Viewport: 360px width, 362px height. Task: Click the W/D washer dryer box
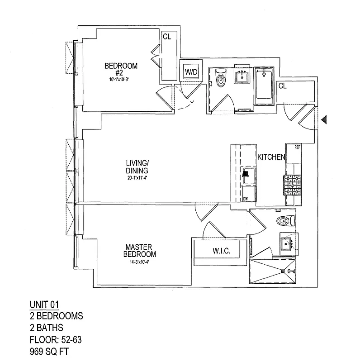(189, 71)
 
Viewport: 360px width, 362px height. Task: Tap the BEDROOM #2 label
(121, 69)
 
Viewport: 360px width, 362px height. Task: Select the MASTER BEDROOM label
(141, 250)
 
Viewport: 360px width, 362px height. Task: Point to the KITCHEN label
(271, 157)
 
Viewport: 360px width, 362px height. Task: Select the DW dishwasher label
(246, 199)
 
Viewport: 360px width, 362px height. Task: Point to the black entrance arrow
(323, 119)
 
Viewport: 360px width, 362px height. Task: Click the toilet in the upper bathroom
(221, 79)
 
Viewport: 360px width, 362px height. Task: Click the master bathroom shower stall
(272, 271)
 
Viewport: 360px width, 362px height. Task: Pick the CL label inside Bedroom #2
(166, 37)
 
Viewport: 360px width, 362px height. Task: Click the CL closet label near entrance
(282, 86)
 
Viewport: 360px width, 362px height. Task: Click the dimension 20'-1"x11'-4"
(137, 178)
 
